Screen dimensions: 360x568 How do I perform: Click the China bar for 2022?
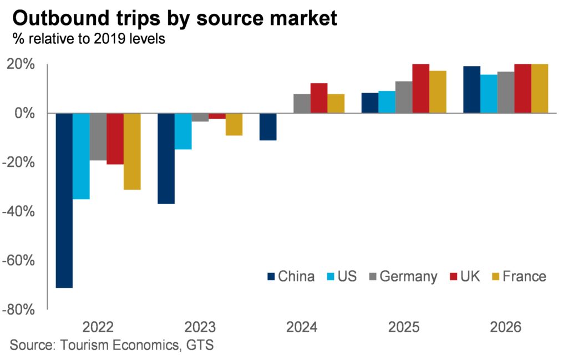click(x=64, y=200)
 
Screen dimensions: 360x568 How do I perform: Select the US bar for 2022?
click(x=81, y=156)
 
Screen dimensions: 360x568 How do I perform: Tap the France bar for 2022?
click(x=132, y=151)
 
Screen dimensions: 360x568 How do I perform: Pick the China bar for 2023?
click(x=166, y=159)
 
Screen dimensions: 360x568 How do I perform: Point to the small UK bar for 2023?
click(x=217, y=116)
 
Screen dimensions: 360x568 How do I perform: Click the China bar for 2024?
click(x=268, y=126)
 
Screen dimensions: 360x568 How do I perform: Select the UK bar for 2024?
click(x=319, y=98)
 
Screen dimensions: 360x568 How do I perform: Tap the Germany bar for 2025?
click(x=403, y=97)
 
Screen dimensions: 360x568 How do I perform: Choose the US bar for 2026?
click(x=488, y=94)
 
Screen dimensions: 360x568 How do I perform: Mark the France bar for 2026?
click(x=539, y=89)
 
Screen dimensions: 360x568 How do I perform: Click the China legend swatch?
click(x=271, y=276)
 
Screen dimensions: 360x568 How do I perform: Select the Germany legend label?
click(x=409, y=276)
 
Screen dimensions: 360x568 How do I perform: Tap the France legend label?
click(x=524, y=276)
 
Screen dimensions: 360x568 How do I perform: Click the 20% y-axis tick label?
click(x=23, y=64)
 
